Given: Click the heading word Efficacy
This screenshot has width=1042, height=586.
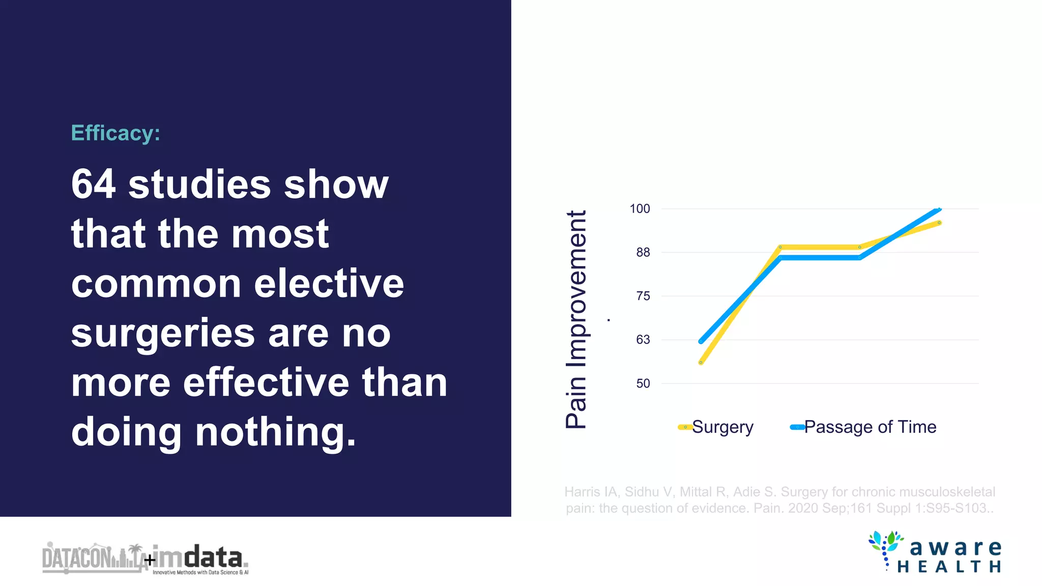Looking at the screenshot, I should [x=115, y=133].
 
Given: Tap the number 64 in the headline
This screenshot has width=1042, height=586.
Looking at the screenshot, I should [x=93, y=184].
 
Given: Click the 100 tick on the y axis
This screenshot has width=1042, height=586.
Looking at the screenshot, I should [x=640, y=209].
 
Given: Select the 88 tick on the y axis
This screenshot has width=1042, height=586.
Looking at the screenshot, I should [x=643, y=252].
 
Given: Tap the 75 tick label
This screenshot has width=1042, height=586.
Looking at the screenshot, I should [x=643, y=296].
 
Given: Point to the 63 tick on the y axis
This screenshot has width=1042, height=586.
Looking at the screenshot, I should [x=643, y=340].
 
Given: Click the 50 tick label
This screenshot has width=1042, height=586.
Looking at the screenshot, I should [x=643, y=384].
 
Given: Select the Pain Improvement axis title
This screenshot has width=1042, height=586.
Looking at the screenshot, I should [x=576, y=319].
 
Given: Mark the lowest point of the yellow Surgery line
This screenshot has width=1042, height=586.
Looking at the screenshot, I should [x=701, y=363].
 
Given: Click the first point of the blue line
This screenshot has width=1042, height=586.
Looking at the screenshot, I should [x=701, y=341].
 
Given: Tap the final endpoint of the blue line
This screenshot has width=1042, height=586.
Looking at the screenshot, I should [x=939, y=209].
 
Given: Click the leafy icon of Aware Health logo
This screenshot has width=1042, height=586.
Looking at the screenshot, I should [x=886, y=547].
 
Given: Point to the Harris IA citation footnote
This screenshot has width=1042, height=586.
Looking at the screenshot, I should [x=779, y=500].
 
